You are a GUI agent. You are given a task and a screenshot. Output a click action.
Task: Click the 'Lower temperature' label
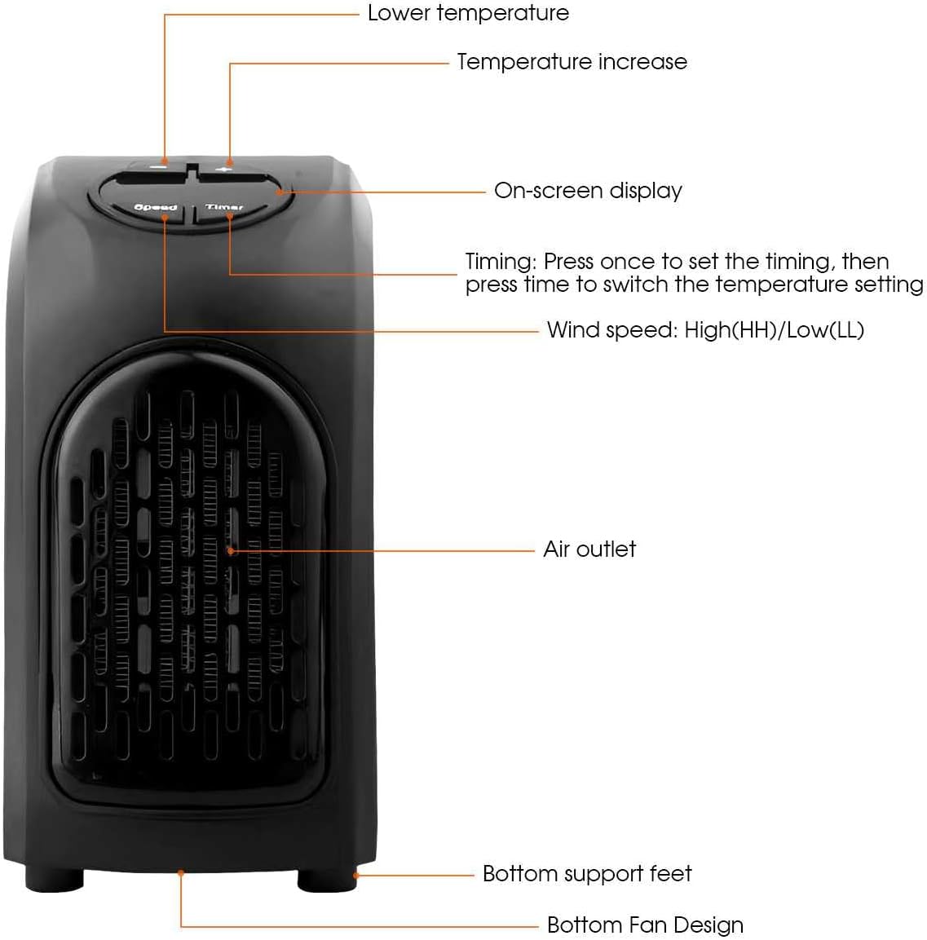pyautogui.click(x=468, y=12)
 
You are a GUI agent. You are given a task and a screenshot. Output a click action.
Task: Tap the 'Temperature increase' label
pyautogui.click(x=572, y=62)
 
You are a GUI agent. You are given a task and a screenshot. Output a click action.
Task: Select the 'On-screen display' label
pyautogui.click(x=588, y=192)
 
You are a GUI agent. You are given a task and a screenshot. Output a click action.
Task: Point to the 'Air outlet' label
pyautogui.click(x=589, y=549)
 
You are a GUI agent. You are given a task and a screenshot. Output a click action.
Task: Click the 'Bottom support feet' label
pyautogui.click(x=587, y=874)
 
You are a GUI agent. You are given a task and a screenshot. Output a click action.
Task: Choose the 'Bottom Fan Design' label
pyautogui.click(x=645, y=925)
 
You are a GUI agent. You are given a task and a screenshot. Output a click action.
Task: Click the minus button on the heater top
pyautogui.click(x=153, y=173)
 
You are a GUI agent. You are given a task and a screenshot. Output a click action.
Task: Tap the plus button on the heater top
pyautogui.click(x=231, y=173)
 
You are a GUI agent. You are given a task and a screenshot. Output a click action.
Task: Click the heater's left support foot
pyautogui.click(x=54, y=879)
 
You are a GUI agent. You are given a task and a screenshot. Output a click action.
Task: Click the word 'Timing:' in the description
pyautogui.click(x=501, y=262)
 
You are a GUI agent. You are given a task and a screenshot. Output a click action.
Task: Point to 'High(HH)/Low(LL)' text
pyautogui.click(x=774, y=330)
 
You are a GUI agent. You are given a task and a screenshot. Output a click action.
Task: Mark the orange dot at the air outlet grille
pyautogui.click(x=231, y=551)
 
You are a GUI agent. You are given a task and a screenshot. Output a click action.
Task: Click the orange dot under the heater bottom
pyautogui.click(x=181, y=873)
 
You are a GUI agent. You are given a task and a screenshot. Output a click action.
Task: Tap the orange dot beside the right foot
pyautogui.click(x=356, y=876)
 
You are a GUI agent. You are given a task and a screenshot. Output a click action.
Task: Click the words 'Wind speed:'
pyautogui.click(x=611, y=330)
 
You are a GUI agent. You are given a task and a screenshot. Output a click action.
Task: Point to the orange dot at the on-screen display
pyautogui.click(x=280, y=192)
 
